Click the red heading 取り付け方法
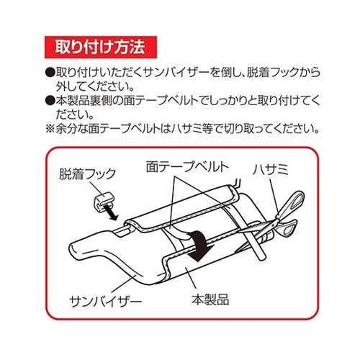click(100, 47)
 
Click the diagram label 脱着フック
click(88, 174)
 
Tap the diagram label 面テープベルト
click(187, 167)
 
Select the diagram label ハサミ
click(270, 170)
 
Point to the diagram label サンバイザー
click(106, 302)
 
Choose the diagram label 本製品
click(210, 300)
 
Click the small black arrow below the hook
click(112, 214)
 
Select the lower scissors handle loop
click(289, 227)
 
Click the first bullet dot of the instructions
click(50, 72)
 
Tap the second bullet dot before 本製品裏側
click(50, 100)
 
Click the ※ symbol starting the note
click(50, 129)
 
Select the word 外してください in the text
click(95, 86)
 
